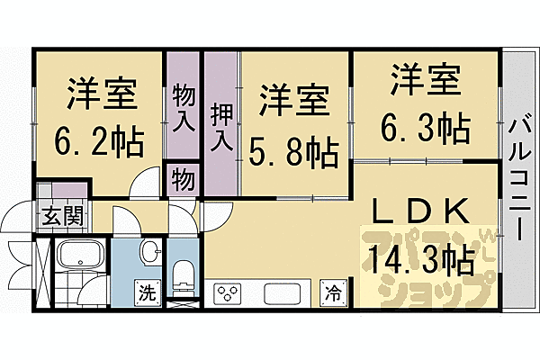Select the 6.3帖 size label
point(429,129)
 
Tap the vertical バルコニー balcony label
point(519,179)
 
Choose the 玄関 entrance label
point(61,216)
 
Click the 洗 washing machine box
point(145,292)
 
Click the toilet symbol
point(182,271)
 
